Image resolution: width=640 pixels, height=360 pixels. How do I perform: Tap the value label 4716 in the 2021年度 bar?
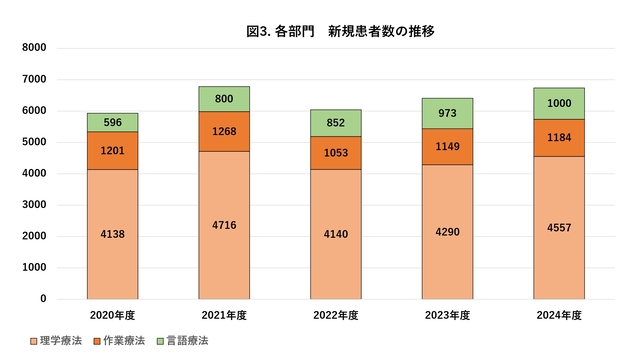[x=224, y=226]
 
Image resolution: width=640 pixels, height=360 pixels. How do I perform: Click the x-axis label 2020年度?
[x=112, y=315]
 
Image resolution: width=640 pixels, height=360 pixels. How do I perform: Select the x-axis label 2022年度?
[x=336, y=315]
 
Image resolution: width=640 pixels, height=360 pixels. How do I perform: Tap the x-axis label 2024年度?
[x=561, y=315]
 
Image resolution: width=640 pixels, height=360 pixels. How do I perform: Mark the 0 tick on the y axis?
[x=43, y=299]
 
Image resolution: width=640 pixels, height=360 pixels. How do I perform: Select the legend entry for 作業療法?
[x=121, y=341]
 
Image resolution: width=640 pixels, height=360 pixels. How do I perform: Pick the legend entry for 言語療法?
[x=181, y=341]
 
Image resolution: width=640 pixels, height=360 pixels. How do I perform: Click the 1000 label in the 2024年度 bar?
[x=561, y=104]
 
